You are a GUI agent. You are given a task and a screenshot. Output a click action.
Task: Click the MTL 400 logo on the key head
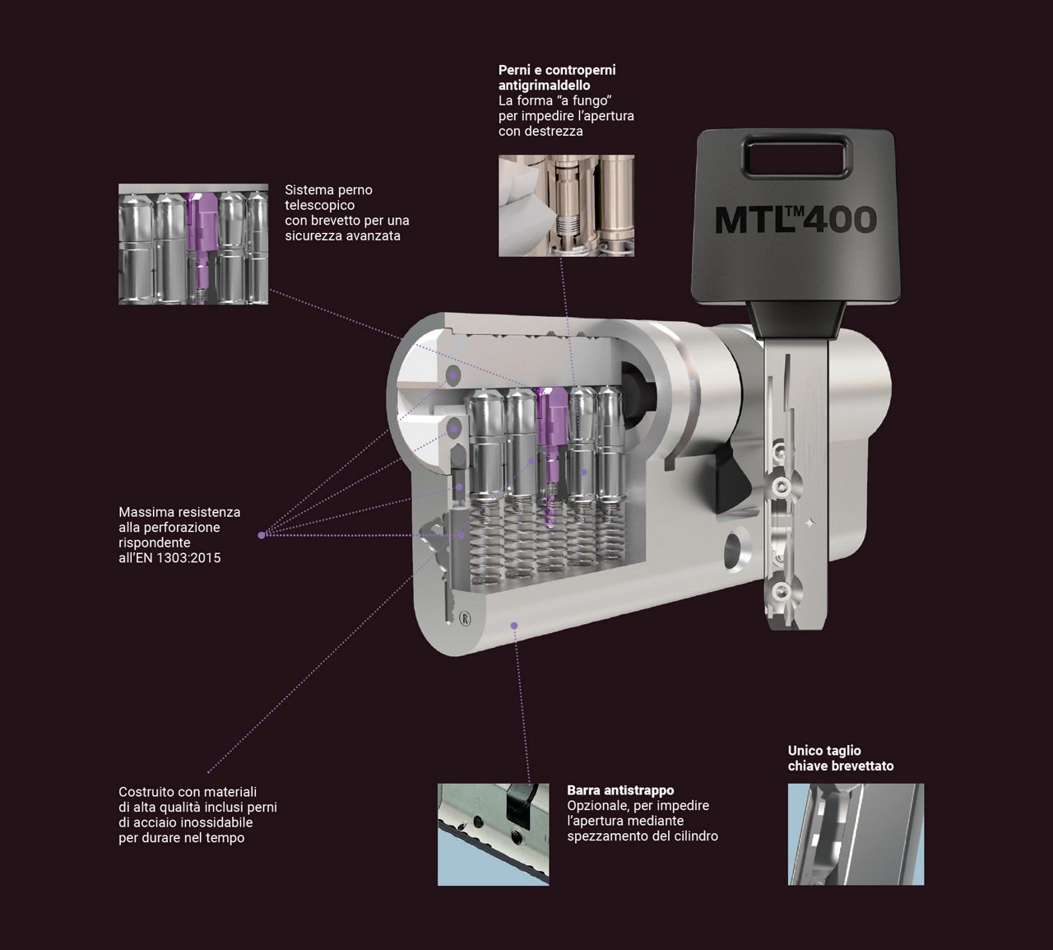[796, 220]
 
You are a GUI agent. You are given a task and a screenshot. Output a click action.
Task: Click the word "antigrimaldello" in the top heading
[545, 85]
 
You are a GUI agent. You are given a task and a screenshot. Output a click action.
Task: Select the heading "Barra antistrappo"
[620, 789]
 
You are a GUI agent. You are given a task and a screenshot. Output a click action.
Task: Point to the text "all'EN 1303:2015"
[169, 557]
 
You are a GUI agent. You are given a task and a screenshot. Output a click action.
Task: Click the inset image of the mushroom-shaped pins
[566, 206]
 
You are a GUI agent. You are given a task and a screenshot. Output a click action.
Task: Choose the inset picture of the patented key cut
[856, 835]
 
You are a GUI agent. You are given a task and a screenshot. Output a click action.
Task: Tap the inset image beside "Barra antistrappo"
[494, 835]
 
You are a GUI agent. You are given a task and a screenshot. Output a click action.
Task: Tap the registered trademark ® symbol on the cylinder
[465, 618]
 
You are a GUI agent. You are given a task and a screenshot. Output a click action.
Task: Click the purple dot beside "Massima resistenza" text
[262, 535]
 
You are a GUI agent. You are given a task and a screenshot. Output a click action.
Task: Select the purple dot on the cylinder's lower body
[514, 626]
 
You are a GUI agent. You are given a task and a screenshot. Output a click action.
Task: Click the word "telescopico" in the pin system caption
[320, 205]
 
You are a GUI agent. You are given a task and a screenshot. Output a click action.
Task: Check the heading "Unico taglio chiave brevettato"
[841, 758]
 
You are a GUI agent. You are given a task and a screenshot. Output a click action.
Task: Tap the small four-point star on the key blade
[810, 524]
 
